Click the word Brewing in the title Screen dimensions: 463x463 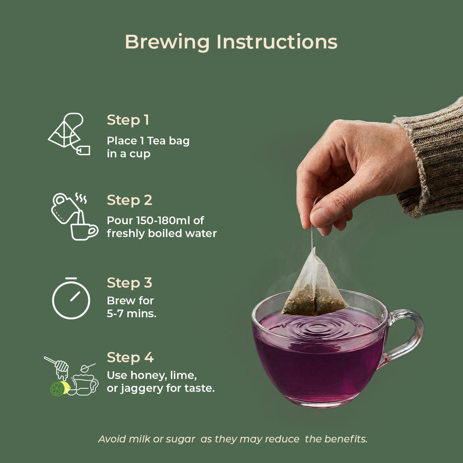pos(167,42)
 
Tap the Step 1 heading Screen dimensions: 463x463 pos(128,120)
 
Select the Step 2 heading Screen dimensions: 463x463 pos(129,200)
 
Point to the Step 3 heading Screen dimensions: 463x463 pos(129,283)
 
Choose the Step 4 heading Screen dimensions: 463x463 pos(130,358)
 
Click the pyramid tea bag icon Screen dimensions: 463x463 pos(69,134)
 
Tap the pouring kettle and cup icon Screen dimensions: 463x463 pos(75,217)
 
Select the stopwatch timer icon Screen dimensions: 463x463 pos(71,298)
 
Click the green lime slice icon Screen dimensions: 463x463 pos(60,388)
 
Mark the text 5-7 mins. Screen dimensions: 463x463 pos(132,314)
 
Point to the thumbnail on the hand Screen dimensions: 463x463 pos(321,217)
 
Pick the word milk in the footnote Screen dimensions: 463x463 pos(140,439)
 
